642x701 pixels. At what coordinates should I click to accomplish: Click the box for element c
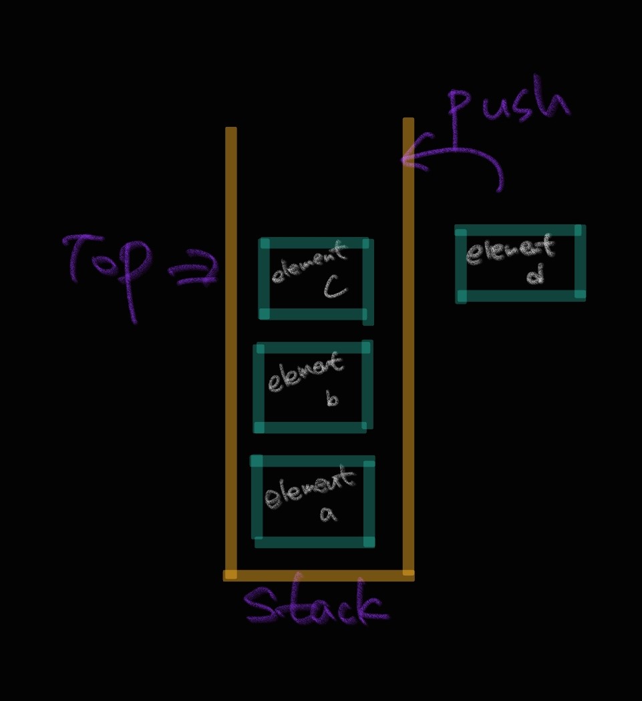314,278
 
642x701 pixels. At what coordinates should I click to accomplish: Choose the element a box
312,501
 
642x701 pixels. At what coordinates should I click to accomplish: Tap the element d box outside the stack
520,263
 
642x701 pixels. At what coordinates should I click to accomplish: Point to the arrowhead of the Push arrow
406,159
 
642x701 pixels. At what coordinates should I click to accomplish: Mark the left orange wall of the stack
231,347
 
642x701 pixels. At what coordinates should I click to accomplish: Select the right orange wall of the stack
408,347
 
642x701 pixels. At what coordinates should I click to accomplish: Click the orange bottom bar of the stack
319,575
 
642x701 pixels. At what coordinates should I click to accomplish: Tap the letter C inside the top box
335,288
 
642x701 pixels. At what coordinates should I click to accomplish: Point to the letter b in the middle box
332,399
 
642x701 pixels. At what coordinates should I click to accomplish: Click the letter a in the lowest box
327,514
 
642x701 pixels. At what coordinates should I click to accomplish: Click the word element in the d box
510,252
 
